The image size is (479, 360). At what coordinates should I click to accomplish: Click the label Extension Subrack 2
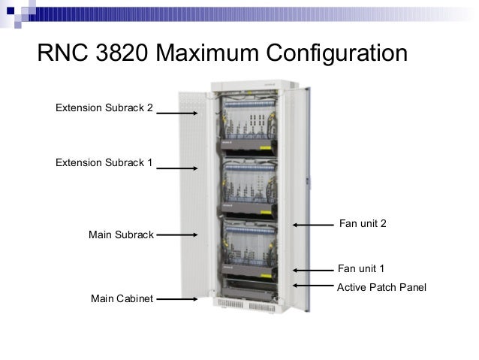click(x=104, y=107)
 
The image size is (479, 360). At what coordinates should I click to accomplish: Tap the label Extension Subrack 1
click(x=104, y=162)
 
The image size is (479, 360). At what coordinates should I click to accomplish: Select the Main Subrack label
click(x=121, y=234)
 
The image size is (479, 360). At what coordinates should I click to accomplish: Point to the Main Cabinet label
click(x=122, y=298)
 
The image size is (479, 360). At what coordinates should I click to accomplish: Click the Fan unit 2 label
click(x=363, y=223)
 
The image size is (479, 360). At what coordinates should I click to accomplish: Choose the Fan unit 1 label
click(x=361, y=268)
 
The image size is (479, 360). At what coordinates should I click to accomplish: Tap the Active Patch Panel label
click(x=381, y=286)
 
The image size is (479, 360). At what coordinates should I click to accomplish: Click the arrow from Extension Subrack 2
click(x=178, y=113)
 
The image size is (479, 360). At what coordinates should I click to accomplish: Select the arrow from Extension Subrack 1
click(x=178, y=168)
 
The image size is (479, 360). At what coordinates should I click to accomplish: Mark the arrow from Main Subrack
click(x=178, y=234)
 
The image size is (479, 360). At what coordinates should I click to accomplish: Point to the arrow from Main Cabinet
click(x=178, y=298)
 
